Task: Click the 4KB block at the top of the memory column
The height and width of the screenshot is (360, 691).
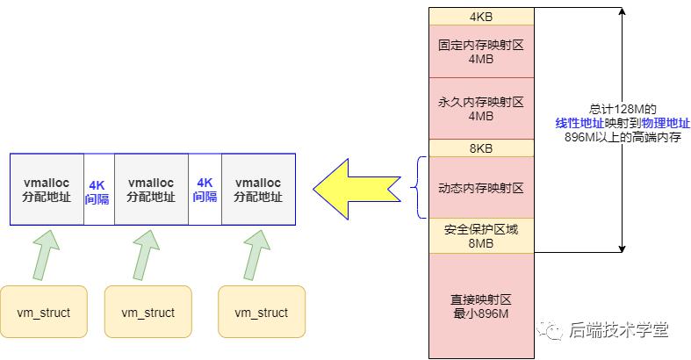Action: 481,17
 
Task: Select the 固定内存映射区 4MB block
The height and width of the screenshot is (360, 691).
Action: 481,51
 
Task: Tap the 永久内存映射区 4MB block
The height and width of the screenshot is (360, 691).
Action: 481,108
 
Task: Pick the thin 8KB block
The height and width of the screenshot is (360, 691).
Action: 481,148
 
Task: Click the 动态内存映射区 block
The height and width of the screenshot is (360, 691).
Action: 481,187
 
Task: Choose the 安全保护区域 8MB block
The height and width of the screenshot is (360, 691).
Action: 481,235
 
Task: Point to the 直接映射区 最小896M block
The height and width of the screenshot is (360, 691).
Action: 481,305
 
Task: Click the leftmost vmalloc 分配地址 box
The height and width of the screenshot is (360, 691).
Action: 47,190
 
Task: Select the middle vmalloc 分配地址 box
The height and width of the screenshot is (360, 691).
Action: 151,190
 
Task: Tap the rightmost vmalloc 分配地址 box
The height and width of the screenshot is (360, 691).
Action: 258,190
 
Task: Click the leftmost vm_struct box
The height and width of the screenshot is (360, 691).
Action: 44,312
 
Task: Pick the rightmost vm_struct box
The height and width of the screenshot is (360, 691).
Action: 262,312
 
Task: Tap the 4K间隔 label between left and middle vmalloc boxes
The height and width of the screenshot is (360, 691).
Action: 99,190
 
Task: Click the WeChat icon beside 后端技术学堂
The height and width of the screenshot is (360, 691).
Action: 553,331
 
